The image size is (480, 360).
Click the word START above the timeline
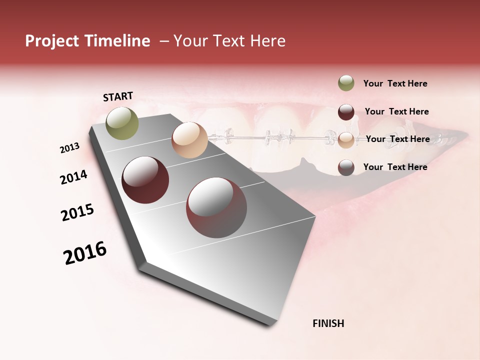click(118, 96)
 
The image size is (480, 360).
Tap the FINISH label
click(328, 323)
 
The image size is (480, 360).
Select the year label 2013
click(70, 148)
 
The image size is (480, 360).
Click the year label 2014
click(74, 177)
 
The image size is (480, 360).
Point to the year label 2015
click(77, 212)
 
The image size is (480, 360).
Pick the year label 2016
click(85, 253)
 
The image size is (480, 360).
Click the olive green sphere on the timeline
click(122, 123)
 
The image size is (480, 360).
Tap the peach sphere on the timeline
click(189, 140)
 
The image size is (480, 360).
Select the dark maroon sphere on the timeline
click(145, 180)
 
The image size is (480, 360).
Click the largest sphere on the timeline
click(216, 207)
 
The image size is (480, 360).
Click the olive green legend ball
click(346, 83)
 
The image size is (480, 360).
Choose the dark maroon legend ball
click(346, 111)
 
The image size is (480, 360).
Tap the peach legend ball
click(346, 139)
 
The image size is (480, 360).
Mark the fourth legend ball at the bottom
click(346, 167)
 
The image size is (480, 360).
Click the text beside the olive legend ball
click(395, 83)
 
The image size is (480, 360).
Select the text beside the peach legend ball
click(397, 139)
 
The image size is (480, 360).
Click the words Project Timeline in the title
click(87, 41)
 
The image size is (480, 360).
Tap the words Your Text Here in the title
click(229, 41)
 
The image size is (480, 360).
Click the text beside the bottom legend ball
click(395, 167)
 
